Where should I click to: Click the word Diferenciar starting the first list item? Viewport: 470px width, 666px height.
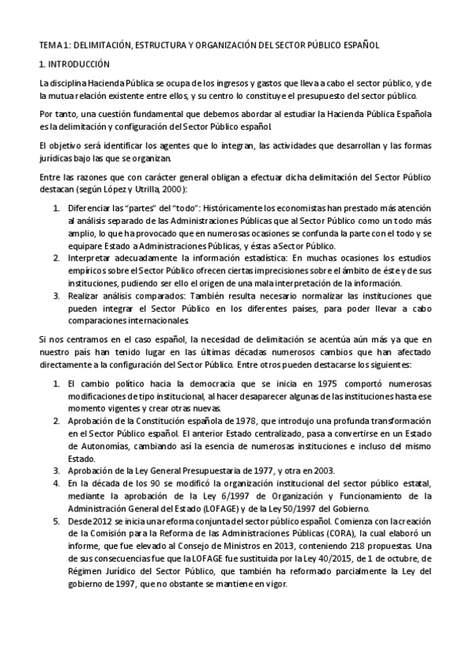coord(90,210)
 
